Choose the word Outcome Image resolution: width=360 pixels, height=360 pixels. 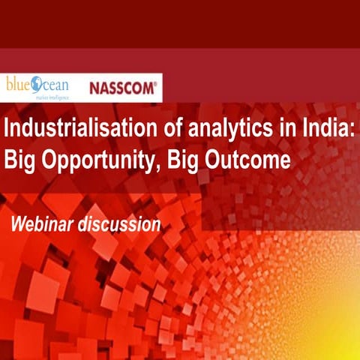pyautogui.click(x=248, y=161)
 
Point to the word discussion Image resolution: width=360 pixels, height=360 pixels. pyautogui.click(x=120, y=223)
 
